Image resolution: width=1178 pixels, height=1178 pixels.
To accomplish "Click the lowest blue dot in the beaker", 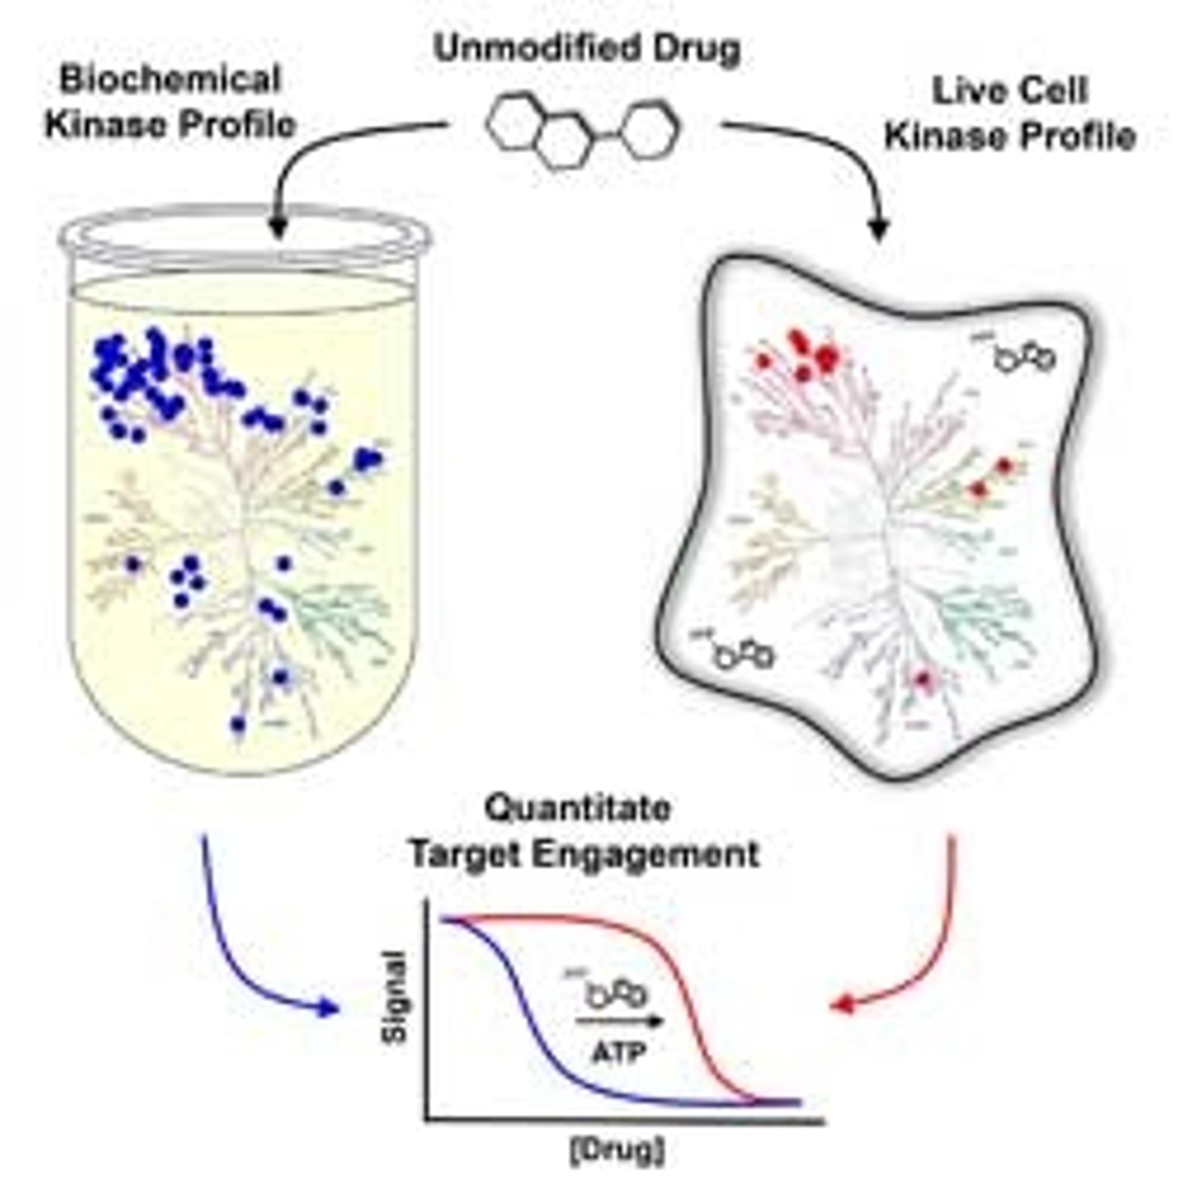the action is point(238,724).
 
